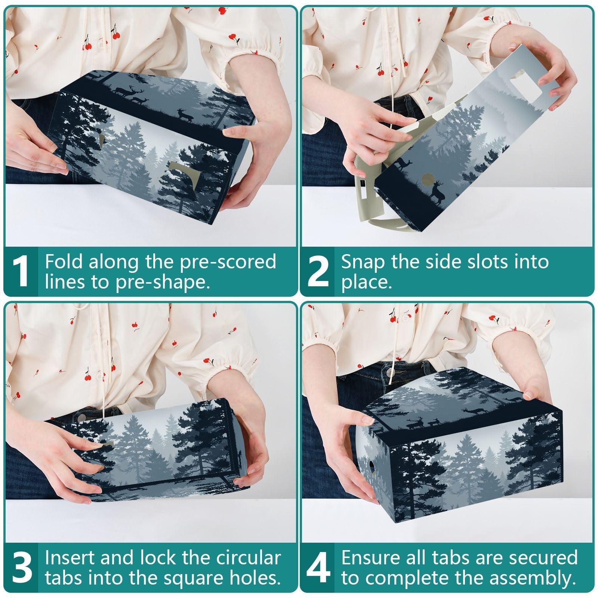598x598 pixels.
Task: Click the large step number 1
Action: [x=21, y=271]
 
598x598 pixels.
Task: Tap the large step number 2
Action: [x=318, y=271]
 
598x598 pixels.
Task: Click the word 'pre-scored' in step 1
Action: [x=228, y=262]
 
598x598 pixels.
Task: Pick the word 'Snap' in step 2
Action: [x=363, y=262]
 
